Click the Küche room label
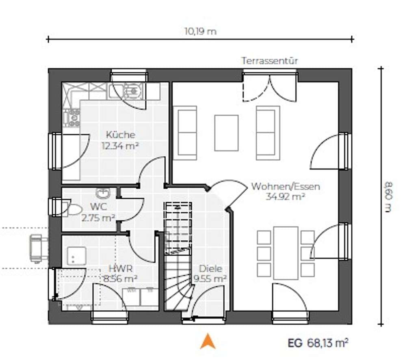click(x=120, y=135)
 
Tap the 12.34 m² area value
click(x=120, y=146)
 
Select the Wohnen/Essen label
click(x=286, y=187)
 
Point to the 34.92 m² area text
click(x=285, y=197)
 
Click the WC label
click(x=98, y=207)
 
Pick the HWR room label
click(x=120, y=269)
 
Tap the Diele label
click(x=210, y=269)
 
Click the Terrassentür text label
click(x=269, y=61)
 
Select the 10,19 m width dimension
click(x=200, y=32)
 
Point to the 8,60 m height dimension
click(x=388, y=197)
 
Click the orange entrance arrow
click(x=208, y=341)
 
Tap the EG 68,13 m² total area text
click(x=318, y=343)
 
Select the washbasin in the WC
click(x=102, y=193)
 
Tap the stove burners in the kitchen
click(x=71, y=118)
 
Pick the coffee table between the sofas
click(x=226, y=133)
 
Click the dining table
click(x=286, y=253)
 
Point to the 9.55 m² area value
click(x=210, y=279)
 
